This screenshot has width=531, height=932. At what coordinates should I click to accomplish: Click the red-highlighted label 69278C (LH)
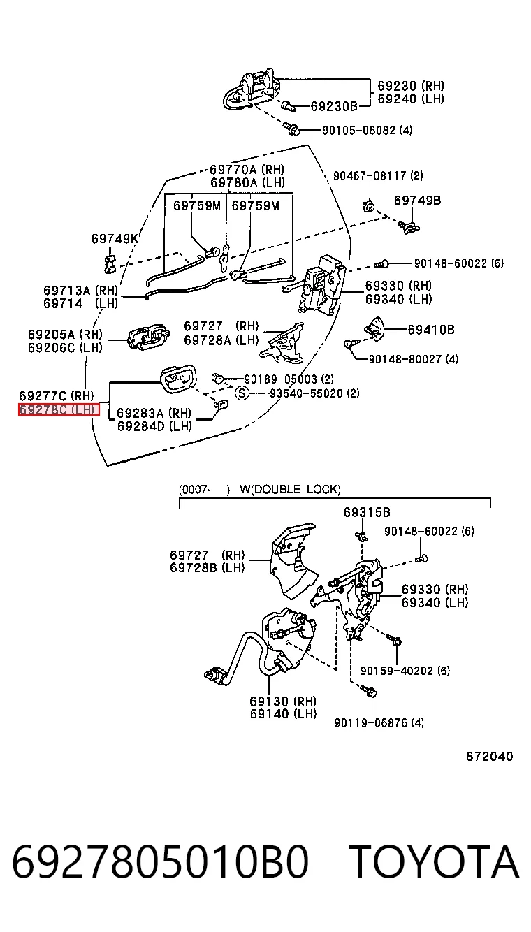click(59, 410)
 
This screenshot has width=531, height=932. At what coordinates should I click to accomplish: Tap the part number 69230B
click(334, 106)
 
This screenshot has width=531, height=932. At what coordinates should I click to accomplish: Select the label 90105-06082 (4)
click(367, 130)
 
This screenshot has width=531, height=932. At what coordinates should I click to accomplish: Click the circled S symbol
click(242, 393)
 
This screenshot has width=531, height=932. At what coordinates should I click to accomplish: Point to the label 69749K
click(115, 238)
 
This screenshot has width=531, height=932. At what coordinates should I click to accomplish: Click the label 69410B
click(431, 330)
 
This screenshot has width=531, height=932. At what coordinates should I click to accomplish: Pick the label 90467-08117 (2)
click(378, 175)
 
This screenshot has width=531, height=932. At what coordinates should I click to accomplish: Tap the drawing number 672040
click(489, 756)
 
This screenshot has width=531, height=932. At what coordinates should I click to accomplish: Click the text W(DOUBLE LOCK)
click(290, 489)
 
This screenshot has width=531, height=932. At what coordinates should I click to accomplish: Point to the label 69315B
click(367, 512)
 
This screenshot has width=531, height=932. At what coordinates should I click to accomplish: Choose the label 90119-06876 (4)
click(379, 722)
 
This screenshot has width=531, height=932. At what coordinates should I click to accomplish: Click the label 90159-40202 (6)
click(405, 671)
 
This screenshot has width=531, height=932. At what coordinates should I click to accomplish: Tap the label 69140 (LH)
click(284, 714)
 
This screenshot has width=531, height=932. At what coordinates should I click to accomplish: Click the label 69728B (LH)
click(208, 567)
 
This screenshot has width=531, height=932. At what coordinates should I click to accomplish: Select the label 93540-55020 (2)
click(314, 393)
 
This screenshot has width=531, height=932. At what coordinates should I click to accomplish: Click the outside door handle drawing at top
click(251, 90)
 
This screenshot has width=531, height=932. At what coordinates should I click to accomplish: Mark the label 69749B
click(417, 201)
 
